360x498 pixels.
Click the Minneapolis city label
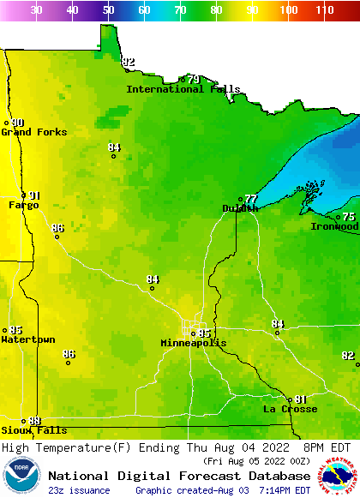194,343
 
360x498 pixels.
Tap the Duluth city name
240,208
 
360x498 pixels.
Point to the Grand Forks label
28,132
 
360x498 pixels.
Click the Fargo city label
23,205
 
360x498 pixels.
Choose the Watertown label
28,339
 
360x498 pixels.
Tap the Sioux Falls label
33,430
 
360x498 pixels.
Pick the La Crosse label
290,409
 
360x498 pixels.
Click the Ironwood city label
335,226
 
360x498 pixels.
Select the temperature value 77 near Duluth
250,199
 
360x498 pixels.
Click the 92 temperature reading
129,63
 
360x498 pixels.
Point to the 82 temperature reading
348,356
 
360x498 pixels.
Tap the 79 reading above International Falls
194,80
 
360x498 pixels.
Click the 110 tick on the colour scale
323,10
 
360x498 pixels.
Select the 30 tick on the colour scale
36,10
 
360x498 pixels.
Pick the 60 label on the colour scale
144,10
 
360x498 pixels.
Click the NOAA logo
21,477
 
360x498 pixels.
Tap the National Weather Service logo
339,477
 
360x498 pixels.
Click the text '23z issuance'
79,490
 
